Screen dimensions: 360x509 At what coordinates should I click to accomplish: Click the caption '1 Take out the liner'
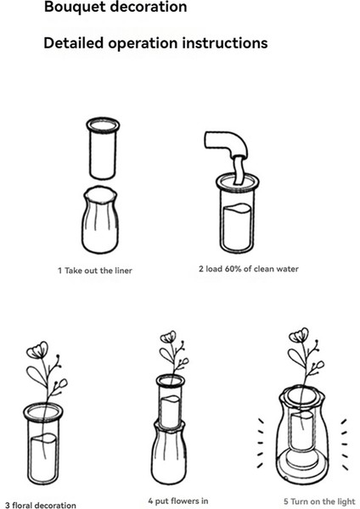point(95,271)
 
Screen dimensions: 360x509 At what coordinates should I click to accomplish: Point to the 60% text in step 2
point(234,269)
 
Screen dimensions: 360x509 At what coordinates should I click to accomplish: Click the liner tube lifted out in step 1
point(103,148)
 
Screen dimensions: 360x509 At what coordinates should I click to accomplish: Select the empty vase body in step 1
point(100,220)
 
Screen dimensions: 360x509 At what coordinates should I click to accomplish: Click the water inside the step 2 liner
point(237,227)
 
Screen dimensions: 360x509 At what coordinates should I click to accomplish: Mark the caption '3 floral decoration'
point(41,505)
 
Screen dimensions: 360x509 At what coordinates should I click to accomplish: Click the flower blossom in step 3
point(37,350)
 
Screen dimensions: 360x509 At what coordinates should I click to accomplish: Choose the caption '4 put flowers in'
point(178,501)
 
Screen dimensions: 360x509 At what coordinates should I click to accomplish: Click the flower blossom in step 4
point(168,338)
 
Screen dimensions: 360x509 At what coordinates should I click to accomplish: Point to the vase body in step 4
point(168,452)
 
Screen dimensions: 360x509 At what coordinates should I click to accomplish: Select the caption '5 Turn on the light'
point(320,501)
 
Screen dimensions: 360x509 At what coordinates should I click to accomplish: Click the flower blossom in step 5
point(299,335)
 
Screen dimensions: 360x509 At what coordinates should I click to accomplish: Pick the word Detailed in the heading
point(74,43)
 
